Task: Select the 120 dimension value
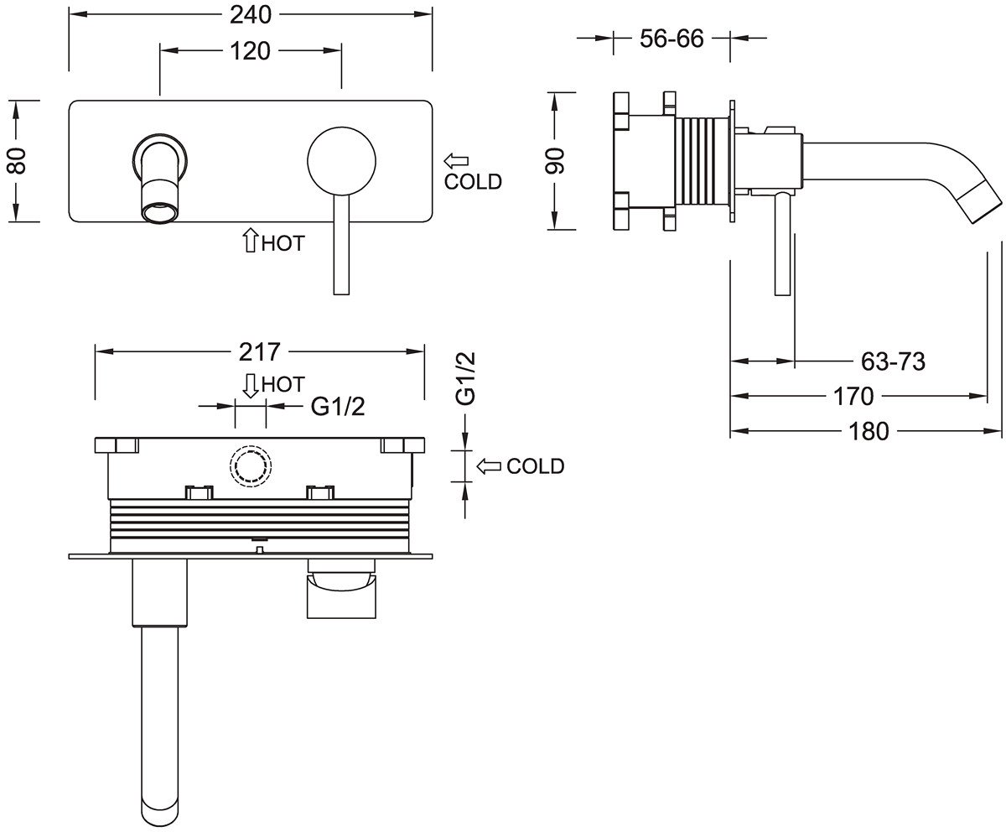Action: [250, 51]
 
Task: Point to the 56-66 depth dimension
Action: [671, 38]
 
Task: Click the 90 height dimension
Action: [556, 159]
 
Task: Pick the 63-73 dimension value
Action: [893, 361]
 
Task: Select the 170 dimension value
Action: [853, 395]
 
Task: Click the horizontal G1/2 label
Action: [339, 406]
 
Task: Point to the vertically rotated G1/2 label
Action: [467, 378]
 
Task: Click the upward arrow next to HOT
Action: [249, 242]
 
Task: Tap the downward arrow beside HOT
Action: [250, 385]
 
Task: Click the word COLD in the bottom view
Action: [536, 466]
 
